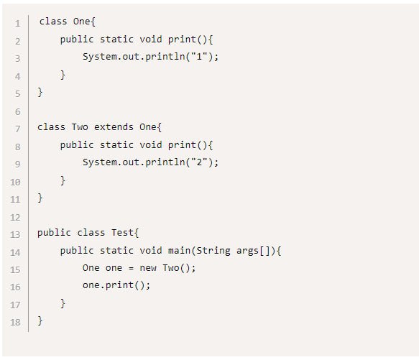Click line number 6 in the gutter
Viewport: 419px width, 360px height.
(18, 111)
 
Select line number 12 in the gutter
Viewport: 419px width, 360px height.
(15, 217)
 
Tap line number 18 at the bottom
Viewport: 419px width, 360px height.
(15, 322)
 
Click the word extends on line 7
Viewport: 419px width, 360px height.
(114, 126)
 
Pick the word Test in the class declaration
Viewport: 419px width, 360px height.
(122, 233)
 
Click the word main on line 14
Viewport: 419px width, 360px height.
(179, 251)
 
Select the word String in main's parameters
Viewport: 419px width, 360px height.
(213, 251)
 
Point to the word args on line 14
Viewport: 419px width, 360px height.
(247, 251)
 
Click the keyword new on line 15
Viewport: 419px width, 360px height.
(148, 268)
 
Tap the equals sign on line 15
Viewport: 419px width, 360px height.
(131, 268)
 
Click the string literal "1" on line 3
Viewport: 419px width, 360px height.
(199, 56)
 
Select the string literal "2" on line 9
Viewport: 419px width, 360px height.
(199, 162)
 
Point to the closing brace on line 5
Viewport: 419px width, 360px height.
(40, 92)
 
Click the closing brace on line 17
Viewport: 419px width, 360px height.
(63, 303)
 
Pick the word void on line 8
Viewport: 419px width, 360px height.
(151, 144)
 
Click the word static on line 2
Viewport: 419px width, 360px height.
(116, 39)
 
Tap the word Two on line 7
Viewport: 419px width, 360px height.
(80, 126)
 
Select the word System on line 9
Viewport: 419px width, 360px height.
(100, 162)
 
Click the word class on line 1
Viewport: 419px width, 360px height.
(53, 21)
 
